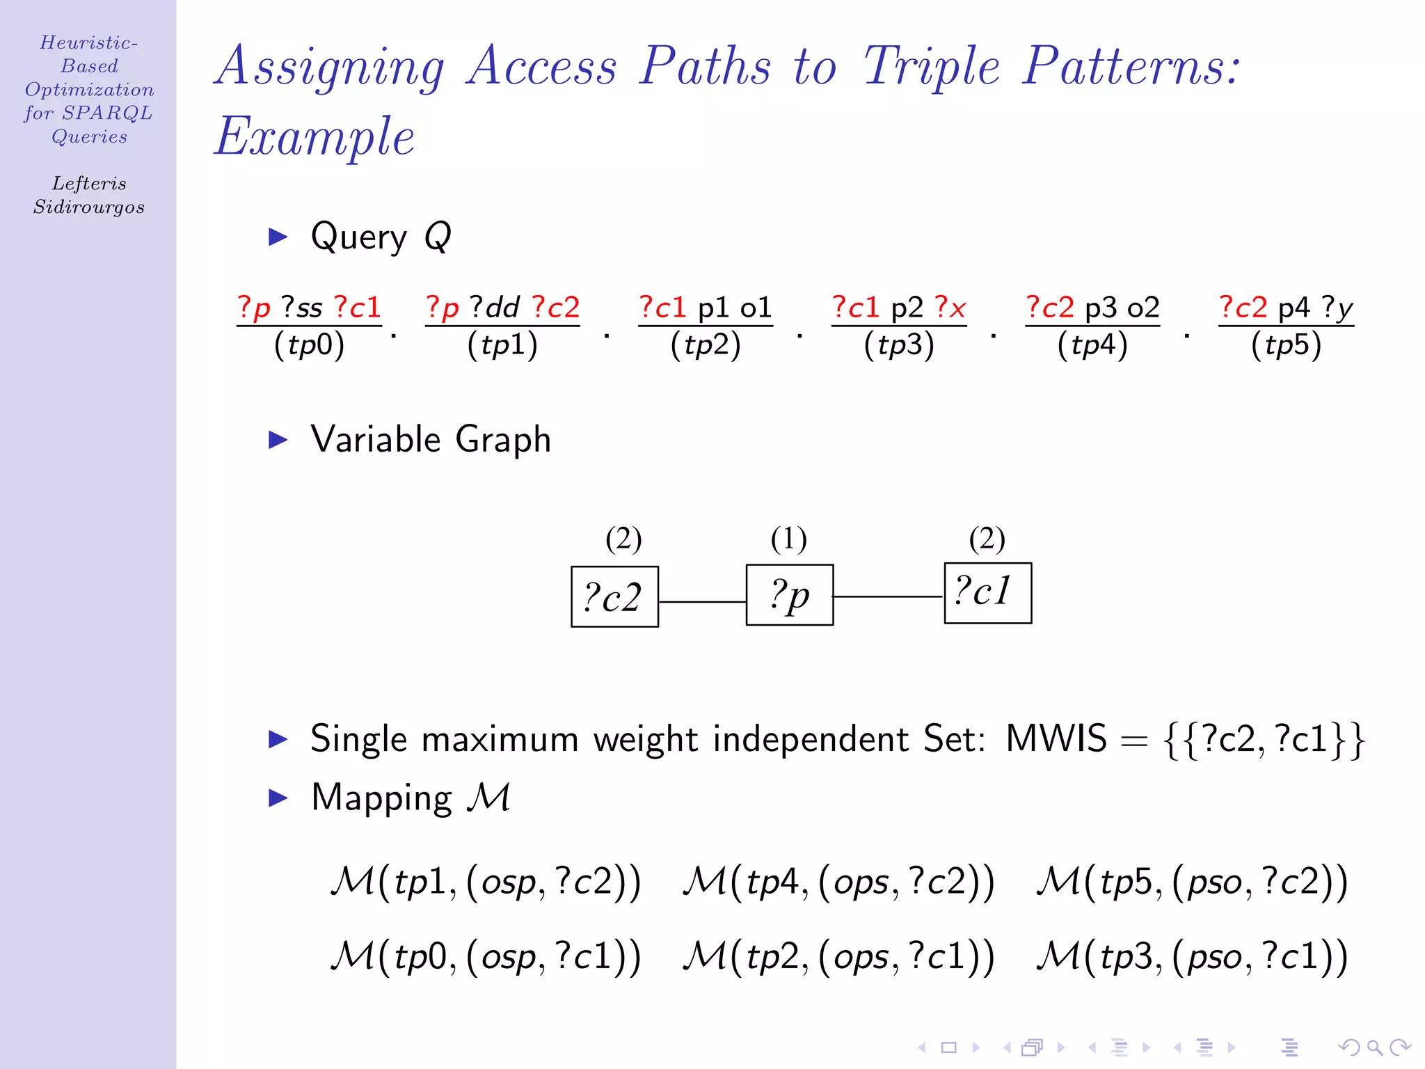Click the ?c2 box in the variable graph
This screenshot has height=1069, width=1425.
pos(614,596)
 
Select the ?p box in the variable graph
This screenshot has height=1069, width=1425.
pos(789,595)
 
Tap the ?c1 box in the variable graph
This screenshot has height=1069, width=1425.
pos(987,593)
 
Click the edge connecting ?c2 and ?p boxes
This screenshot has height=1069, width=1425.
pos(702,601)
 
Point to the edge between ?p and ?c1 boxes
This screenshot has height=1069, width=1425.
pos(889,596)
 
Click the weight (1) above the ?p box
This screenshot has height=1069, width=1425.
pos(788,539)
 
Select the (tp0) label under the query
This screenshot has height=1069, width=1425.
pos(309,345)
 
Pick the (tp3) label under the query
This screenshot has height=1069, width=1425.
pos(899,345)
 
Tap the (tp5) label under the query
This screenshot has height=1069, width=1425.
pos(1286,345)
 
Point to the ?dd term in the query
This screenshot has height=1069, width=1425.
pos(495,308)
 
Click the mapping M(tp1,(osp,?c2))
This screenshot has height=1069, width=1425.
pos(486,882)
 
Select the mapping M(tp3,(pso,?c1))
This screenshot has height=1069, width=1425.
pos(1192,956)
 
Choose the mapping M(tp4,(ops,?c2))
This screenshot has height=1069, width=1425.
pos(838,882)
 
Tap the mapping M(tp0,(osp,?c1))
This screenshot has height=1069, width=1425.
pos(486,956)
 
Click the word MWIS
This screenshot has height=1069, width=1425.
pos(1056,738)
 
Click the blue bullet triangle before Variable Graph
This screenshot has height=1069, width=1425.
pos(278,440)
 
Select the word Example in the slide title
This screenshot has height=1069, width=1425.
pos(315,136)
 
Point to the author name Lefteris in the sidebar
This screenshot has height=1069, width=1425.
pos(89,184)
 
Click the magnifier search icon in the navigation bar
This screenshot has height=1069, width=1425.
pos(1374,1047)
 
